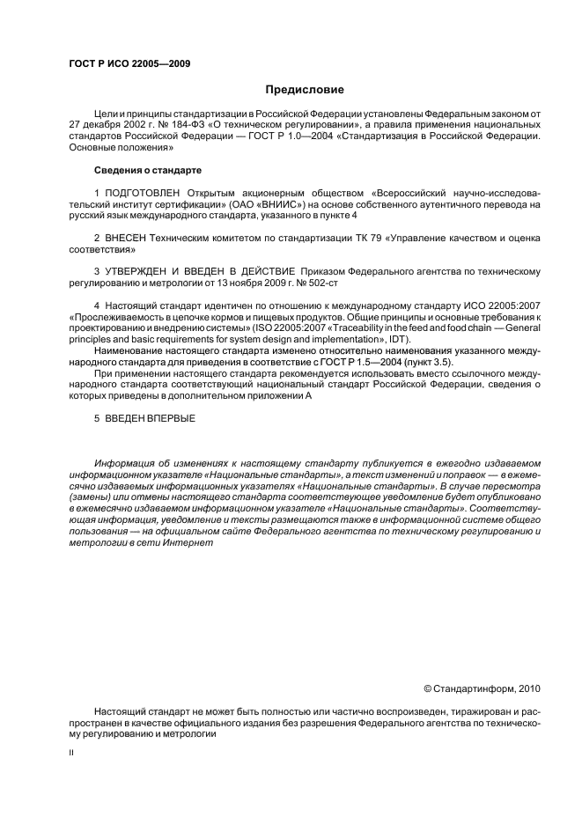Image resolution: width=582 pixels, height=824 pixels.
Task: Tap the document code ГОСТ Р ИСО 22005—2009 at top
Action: (129, 63)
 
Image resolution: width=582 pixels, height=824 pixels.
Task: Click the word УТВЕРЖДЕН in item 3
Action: (131, 271)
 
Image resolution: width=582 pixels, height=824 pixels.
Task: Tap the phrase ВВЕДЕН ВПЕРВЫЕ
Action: (151, 418)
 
